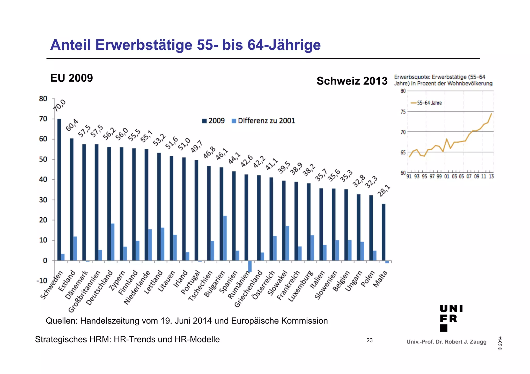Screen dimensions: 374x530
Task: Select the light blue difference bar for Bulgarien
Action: click(225, 238)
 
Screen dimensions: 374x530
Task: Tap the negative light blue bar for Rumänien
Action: click(250, 266)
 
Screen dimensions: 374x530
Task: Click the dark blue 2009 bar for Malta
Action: click(383, 232)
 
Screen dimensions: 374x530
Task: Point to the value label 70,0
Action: click(60, 105)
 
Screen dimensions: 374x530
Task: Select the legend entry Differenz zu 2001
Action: click(263, 121)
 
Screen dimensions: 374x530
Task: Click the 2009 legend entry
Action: click(214, 121)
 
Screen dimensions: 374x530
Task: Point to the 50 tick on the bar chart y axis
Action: click(43, 159)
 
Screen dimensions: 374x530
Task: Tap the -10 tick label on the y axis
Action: click(42, 281)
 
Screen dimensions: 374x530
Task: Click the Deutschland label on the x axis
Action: click(100, 288)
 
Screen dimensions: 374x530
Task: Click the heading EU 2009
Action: click(71, 78)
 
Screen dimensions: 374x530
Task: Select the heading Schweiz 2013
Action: click(352, 81)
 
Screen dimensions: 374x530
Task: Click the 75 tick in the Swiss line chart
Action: click(403, 112)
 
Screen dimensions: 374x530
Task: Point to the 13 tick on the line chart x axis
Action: click(491, 177)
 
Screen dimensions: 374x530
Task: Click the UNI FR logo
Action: click(451, 318)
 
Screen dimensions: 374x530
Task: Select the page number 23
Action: click(369, 340)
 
